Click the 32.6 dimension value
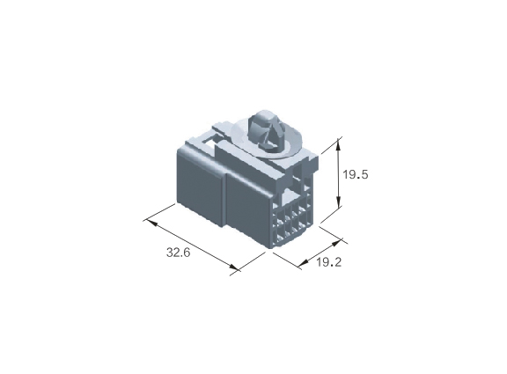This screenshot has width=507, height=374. (178, 253)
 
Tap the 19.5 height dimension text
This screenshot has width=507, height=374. (356, 175)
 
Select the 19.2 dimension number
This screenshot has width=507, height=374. (328, 262)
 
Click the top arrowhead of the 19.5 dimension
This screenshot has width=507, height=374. (339, 143)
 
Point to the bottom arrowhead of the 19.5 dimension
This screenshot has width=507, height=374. (339, 203)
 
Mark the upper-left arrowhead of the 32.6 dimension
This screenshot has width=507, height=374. (152, 223)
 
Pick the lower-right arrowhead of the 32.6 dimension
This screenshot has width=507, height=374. (233, 268)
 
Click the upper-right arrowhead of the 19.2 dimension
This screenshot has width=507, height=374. (336, 242)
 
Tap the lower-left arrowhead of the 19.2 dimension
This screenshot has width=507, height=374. (303, 264)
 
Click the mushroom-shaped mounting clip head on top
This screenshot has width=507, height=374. (264, 130)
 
